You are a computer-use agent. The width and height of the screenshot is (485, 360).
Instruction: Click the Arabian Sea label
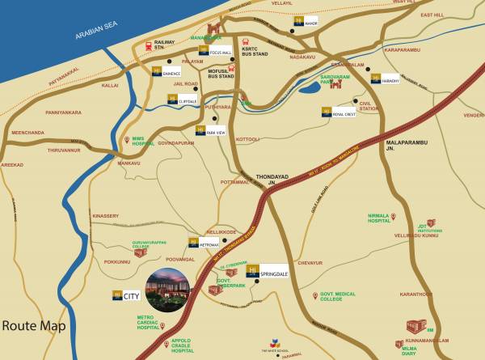tap(96, 32)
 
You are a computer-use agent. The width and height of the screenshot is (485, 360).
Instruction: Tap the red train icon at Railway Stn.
tap(148, 46)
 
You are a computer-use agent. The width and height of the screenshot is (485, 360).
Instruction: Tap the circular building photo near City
tap(167, 289)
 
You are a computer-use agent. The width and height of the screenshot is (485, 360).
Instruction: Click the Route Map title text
tap(33, 327)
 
